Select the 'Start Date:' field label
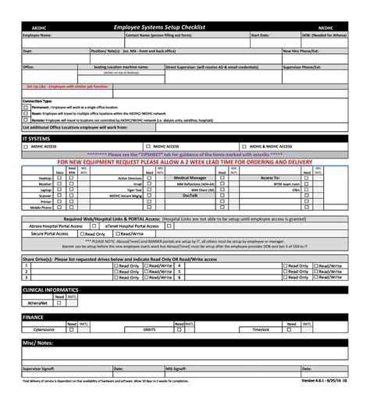tap(260, 35)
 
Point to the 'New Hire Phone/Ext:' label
tap(301, 51)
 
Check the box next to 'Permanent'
tap(26, 106)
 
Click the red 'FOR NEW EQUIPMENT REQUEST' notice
tap(184, 162)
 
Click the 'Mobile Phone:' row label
tap(41, 208)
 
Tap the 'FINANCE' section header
tap(34, 318)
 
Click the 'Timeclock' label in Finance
tap(260, 330)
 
